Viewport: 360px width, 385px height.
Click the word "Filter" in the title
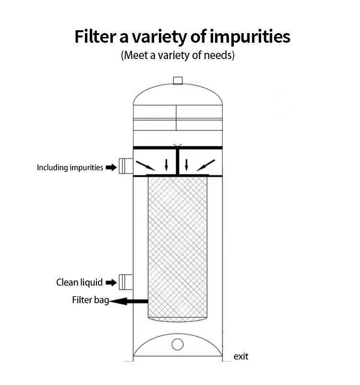[x=95, y=36]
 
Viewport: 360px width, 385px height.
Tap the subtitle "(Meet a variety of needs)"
[x=178, y=55]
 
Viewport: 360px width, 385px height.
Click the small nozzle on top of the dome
[x=178, y=81]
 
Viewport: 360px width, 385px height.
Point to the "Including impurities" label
[x=70, y=168]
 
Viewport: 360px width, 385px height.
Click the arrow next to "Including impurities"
[x=111, y=168]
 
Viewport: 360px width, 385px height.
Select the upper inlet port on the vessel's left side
[x=126, y=166]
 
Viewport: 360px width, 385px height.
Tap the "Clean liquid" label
[x=79, y=282]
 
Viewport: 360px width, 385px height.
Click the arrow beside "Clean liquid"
[x=111, y=282]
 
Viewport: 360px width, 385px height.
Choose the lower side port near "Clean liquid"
[x=126, y=282]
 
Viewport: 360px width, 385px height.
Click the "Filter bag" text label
[x=90, y=300]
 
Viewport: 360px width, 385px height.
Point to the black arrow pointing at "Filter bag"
[x=129, y=301]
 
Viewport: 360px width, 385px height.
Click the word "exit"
[x=241, y=356]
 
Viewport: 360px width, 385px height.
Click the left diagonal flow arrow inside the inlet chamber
[x=145, y=166]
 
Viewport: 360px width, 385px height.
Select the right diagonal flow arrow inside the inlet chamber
[x=206, y=165]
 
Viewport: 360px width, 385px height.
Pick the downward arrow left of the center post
[x=167, y=165]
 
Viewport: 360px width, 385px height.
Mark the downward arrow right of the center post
[x=186, y=165]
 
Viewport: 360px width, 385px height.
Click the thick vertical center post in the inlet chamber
[x=178, y=162]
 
